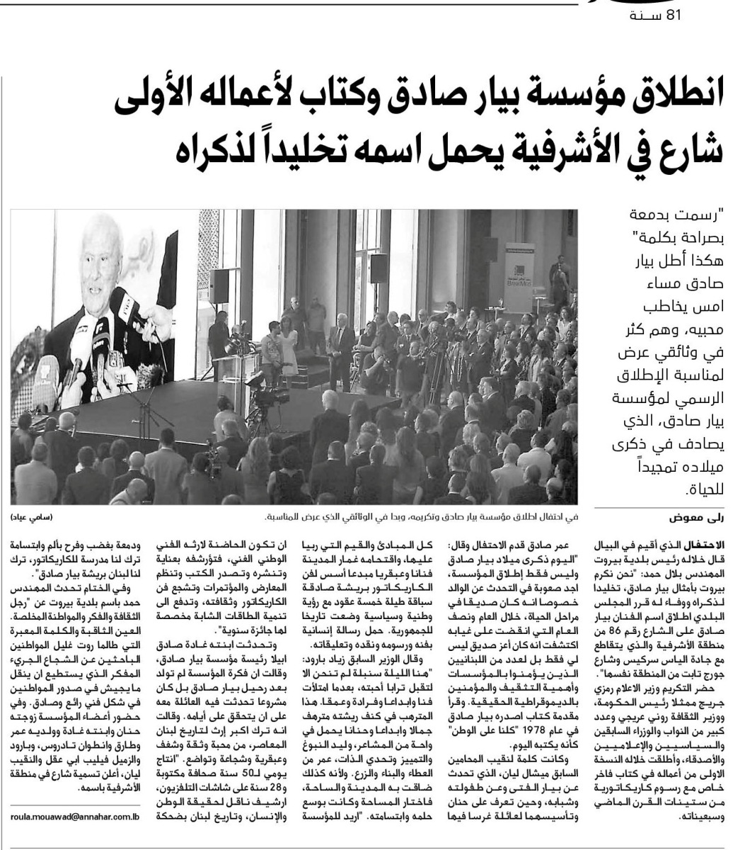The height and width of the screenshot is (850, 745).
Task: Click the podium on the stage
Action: click(237, 368)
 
